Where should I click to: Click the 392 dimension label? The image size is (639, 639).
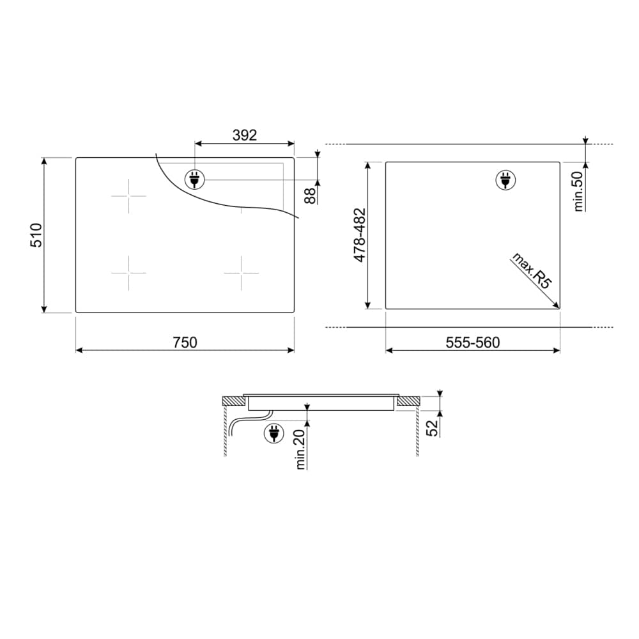[x=245, y=135]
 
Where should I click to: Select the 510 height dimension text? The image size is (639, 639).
[x=36, y=235]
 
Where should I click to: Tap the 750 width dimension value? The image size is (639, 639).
[x=185, y=343]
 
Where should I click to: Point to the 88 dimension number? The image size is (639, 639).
[x=311, y=196]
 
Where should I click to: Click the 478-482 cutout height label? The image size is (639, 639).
[x=360, y=235]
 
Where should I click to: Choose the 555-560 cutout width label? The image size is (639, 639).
[x=473, y=343]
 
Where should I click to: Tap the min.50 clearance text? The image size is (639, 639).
[x=578, y=191]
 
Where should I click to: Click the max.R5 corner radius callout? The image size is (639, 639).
[x=532, y=270]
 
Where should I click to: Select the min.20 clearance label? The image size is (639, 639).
[x=301, y=449]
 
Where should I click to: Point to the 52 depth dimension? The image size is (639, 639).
[x=433, y=428]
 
